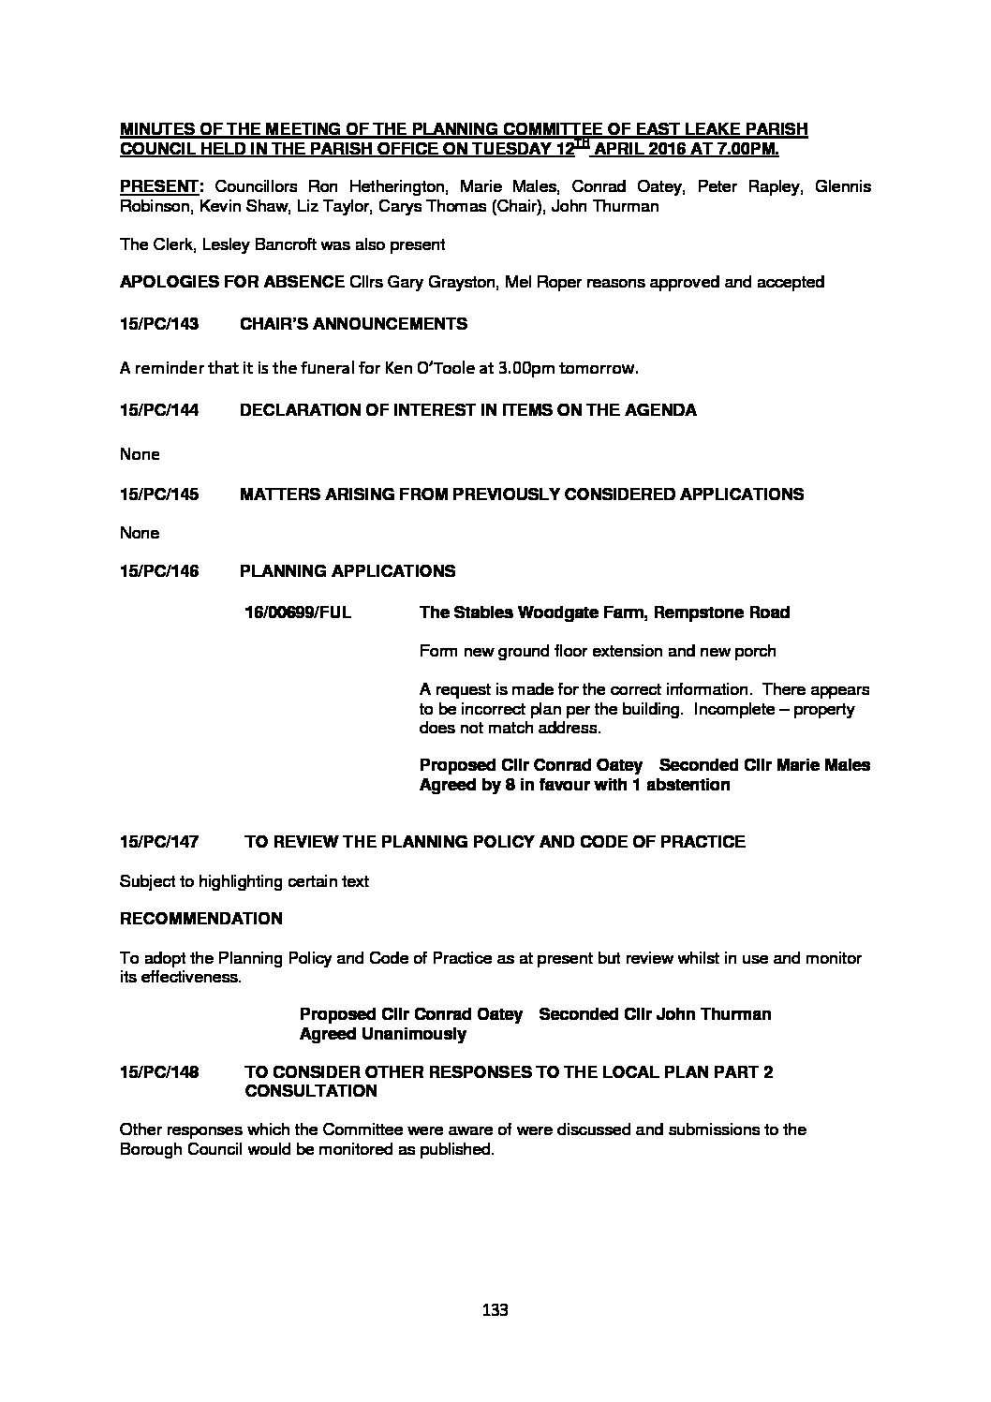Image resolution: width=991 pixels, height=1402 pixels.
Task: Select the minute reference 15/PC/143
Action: (x=159, y=324)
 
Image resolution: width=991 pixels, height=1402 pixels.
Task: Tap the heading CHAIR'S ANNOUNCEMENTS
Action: (x=354, y=324)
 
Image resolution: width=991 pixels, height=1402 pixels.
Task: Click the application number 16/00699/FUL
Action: (x=298, y=612)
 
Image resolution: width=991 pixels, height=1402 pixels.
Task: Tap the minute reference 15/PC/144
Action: (x=159, y=410)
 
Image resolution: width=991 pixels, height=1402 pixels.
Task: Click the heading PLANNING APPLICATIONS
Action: (x=348, y=570)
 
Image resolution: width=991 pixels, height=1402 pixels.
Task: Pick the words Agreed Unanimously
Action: (x=382, y=1034)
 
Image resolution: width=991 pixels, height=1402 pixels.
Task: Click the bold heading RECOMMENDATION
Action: (x=200, y=918)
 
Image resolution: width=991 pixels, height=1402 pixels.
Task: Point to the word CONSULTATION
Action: (x=310, y=1091)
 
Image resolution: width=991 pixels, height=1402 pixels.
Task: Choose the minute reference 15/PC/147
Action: (x=159, y=841)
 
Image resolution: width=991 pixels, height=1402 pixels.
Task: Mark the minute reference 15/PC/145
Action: (x=159, y=494)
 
